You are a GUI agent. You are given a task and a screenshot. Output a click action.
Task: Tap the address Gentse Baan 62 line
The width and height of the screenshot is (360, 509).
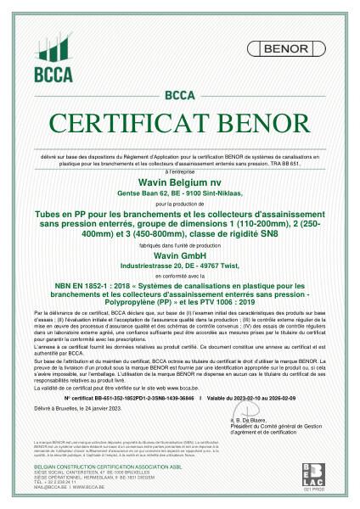coord(179,195)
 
